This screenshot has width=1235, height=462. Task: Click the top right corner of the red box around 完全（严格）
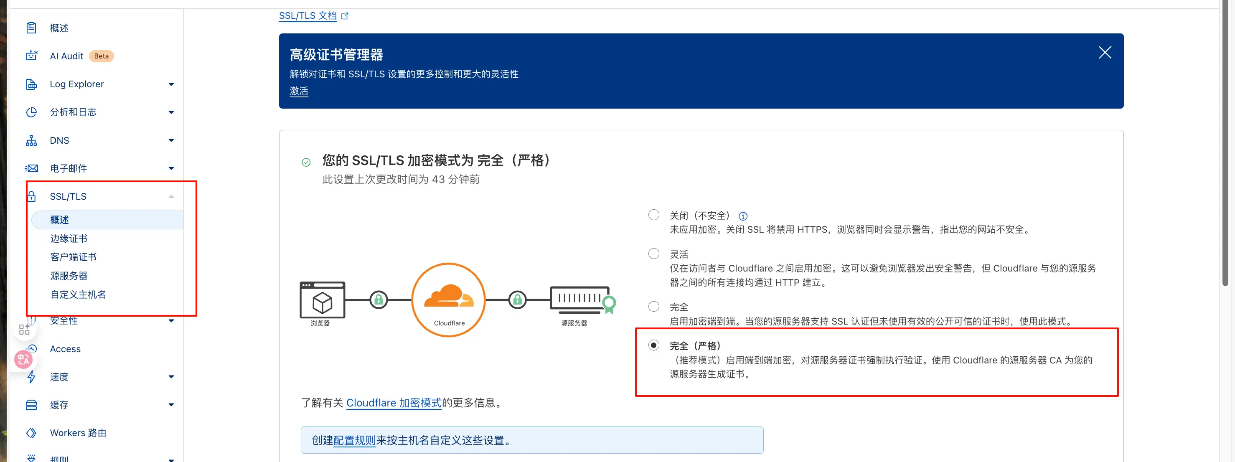[1118, 329]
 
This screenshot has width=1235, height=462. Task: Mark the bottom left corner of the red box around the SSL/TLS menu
[27, 315]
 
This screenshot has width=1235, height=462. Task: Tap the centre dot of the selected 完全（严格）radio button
[653, 345]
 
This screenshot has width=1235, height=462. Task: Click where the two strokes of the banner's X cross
[1105, 53]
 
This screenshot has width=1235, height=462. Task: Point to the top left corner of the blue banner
[280, 34]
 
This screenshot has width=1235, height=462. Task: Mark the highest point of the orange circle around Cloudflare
[448, 263]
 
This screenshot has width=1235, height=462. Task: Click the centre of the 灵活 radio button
[653, 254]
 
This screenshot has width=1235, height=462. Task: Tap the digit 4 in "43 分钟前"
[435, 179]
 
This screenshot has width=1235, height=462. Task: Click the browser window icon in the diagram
[322, 300]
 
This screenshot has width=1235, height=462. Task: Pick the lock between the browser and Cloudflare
[379, 300]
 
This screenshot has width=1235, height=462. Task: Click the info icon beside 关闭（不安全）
[743, 216]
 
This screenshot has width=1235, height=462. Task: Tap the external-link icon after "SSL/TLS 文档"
[345, 16]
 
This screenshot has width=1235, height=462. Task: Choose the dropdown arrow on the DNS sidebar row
[171, 140]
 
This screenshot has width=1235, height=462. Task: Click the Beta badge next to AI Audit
[101, 56]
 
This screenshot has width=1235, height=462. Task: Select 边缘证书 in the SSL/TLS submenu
[69, 238]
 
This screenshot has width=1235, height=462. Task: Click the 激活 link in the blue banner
[299, 91]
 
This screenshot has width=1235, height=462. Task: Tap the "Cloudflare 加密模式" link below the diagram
[394, 403]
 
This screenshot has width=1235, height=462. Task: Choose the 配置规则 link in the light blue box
[354, 440]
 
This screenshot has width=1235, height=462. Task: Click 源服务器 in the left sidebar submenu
[69, 276]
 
